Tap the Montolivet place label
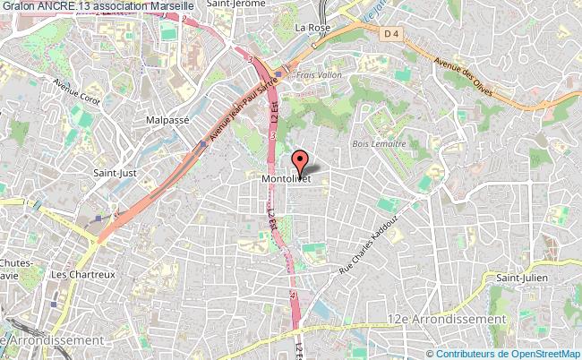coord(286,179)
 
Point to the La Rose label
coord(320,27)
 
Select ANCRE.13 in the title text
coord(63,6)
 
